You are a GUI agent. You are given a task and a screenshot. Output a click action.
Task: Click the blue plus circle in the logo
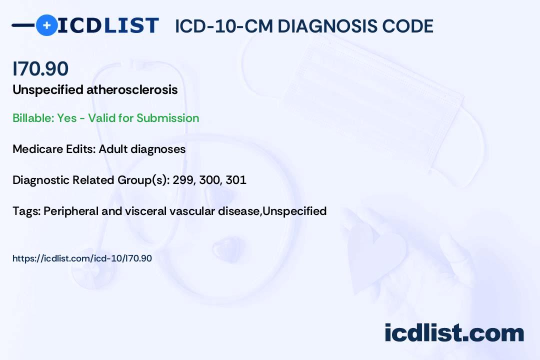click(x=46, y=25)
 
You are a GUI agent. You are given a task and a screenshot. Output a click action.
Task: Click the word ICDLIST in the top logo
click(x=108, y=25)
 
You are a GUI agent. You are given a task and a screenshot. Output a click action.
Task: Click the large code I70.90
click(x=40, y=68)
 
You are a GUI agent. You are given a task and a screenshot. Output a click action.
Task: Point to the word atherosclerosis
click(x=132, y=89)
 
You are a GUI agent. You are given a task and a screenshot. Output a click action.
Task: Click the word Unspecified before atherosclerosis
click(x=48, y=90)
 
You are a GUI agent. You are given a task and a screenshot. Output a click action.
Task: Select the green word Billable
click(x=33, y=118)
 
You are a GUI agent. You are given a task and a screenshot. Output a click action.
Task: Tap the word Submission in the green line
click(x=167, y=118)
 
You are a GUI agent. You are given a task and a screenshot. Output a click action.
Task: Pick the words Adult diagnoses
click(x=142, y=149)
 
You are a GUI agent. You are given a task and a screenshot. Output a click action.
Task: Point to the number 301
click(x=236, y=180)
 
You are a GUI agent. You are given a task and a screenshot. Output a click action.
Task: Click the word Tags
click(x=26, y=211)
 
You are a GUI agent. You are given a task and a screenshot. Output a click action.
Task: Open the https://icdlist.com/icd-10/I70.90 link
click(x=82, y=258)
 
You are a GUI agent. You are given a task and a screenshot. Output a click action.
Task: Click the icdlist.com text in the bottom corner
click(x=454, y=333)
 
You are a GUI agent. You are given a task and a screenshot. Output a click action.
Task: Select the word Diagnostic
click(x=41, y=180)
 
